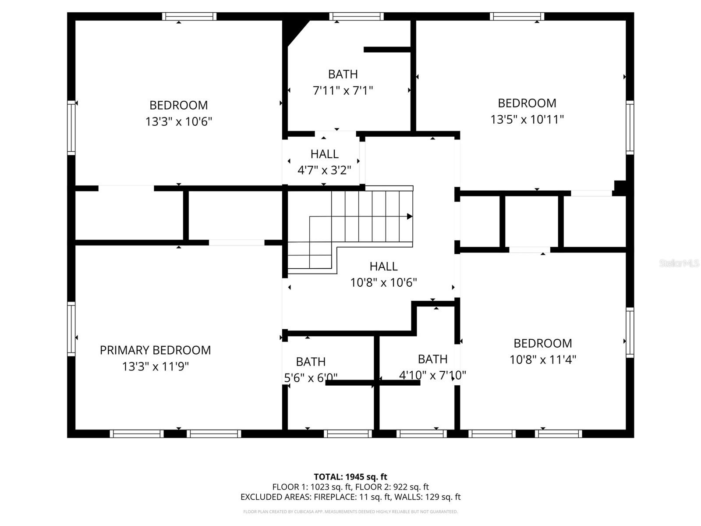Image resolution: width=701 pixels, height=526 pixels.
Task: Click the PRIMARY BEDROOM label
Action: [x=155, y=350]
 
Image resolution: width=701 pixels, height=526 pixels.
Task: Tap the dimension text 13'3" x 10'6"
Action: [x=179, y=121]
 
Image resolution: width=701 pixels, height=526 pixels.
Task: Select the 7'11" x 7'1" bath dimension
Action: [x=343, y=91]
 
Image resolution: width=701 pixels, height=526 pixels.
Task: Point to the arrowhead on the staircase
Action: [x=410, y=217]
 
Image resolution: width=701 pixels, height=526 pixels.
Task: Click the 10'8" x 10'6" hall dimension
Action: [x=383, y=283]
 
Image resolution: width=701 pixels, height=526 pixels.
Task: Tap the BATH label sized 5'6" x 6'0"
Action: [x=311, y=362]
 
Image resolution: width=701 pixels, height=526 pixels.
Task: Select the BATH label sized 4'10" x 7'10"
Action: [x=432, y=359]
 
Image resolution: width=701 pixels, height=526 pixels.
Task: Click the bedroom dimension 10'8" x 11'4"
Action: [x=542, y=360]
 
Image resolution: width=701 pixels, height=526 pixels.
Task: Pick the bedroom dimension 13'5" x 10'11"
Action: [x=527, y=119]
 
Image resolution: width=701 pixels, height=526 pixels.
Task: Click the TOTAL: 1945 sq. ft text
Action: [x=350, y=477]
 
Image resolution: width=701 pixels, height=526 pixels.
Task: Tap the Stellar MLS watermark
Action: [x=679, y=263]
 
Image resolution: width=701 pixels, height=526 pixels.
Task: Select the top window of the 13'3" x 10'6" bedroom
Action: [x=189, y=17]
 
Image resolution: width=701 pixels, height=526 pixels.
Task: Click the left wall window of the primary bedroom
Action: [x=71, y=328]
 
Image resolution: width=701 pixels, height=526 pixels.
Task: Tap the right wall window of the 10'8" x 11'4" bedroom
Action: [x=630, y=332]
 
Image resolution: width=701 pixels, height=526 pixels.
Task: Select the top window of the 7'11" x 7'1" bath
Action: [x=356, y=17]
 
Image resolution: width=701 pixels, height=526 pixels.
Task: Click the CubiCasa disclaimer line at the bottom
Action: [x=350, y=512]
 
